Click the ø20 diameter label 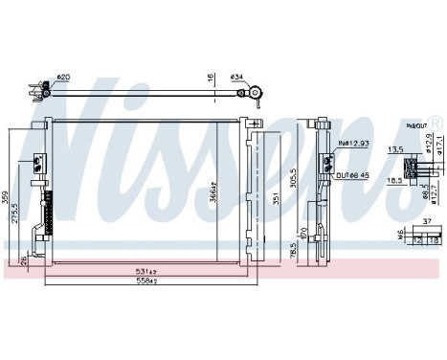click(x=63, y=76)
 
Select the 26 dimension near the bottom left click(x=24, y=260)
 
